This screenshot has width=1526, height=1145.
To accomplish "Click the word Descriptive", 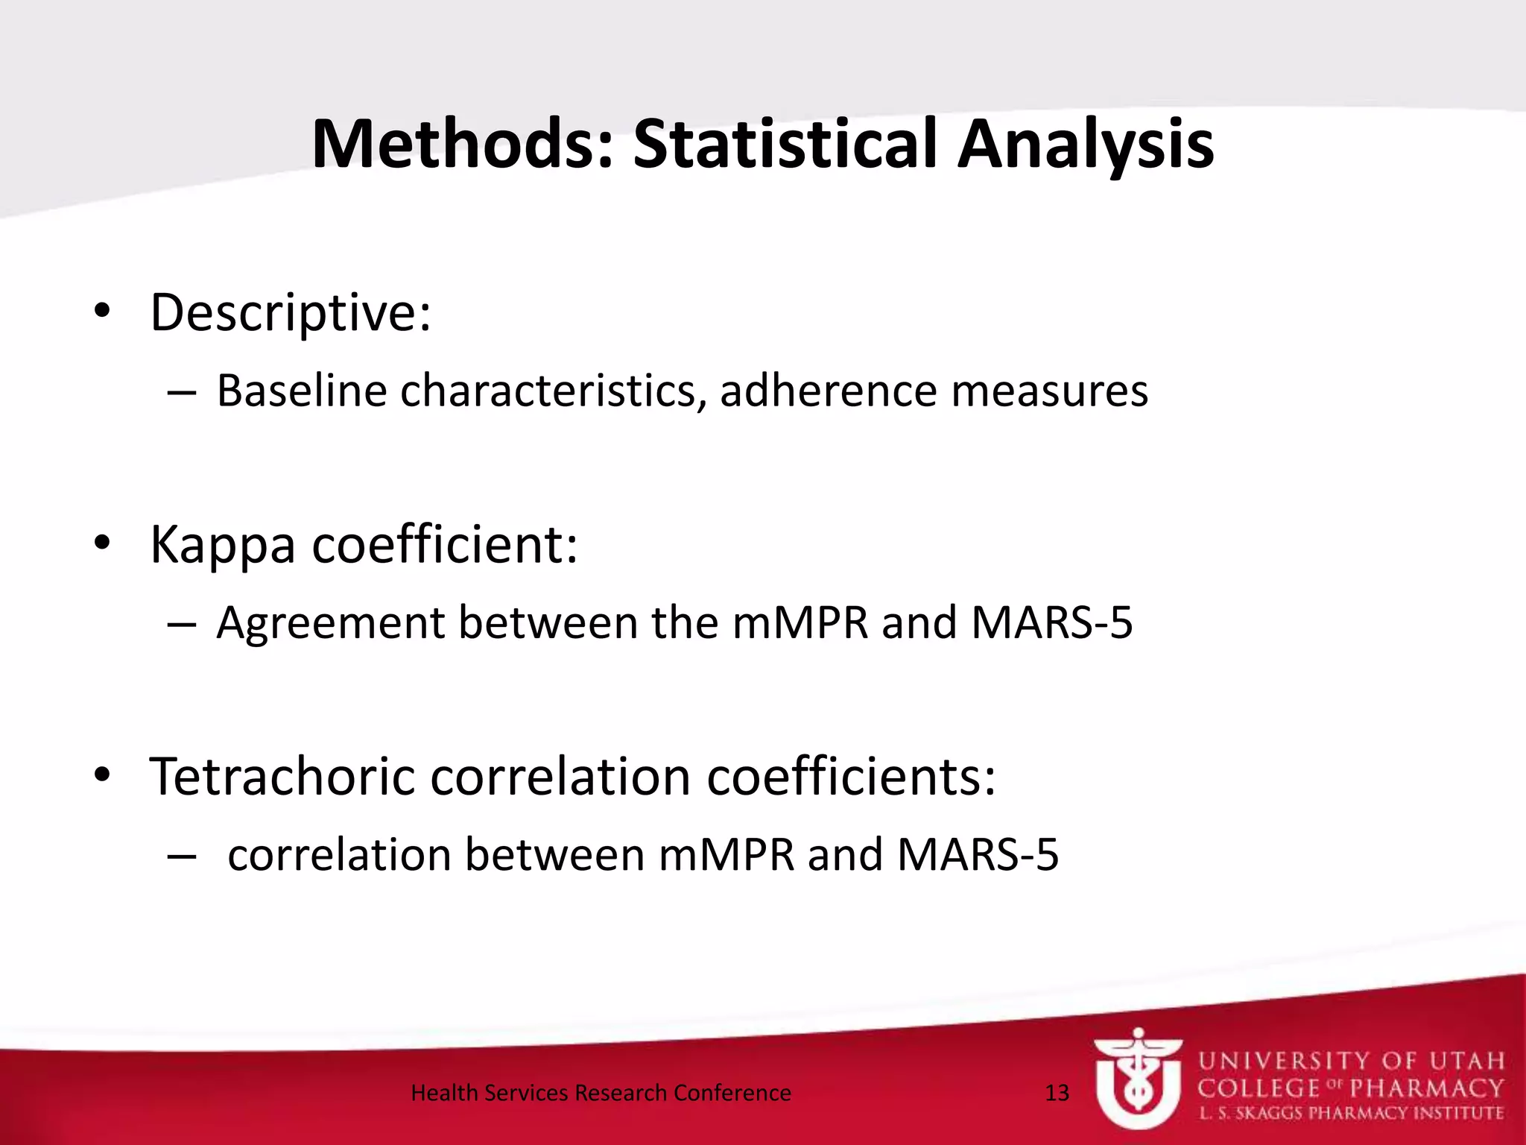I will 290,313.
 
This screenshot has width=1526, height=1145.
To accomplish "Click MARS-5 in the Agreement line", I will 1051,622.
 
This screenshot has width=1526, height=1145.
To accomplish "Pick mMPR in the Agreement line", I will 800,622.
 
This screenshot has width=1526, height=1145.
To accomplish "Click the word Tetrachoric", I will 282,777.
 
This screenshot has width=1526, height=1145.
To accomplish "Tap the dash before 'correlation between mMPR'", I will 182,857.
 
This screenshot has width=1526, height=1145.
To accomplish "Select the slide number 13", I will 1057,1093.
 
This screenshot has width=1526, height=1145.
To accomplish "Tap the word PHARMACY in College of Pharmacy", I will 1426,1088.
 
